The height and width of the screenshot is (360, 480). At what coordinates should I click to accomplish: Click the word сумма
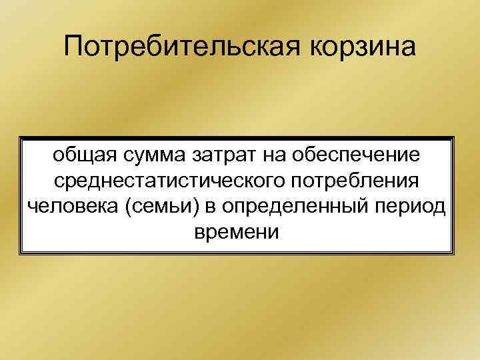[148, 155]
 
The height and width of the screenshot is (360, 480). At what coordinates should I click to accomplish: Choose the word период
[413, 207]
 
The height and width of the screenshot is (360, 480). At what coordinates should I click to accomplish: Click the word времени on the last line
[237, 233]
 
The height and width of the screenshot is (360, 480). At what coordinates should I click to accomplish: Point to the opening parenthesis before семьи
[128, 208]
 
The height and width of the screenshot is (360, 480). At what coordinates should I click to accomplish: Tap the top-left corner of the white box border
[20, 138]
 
